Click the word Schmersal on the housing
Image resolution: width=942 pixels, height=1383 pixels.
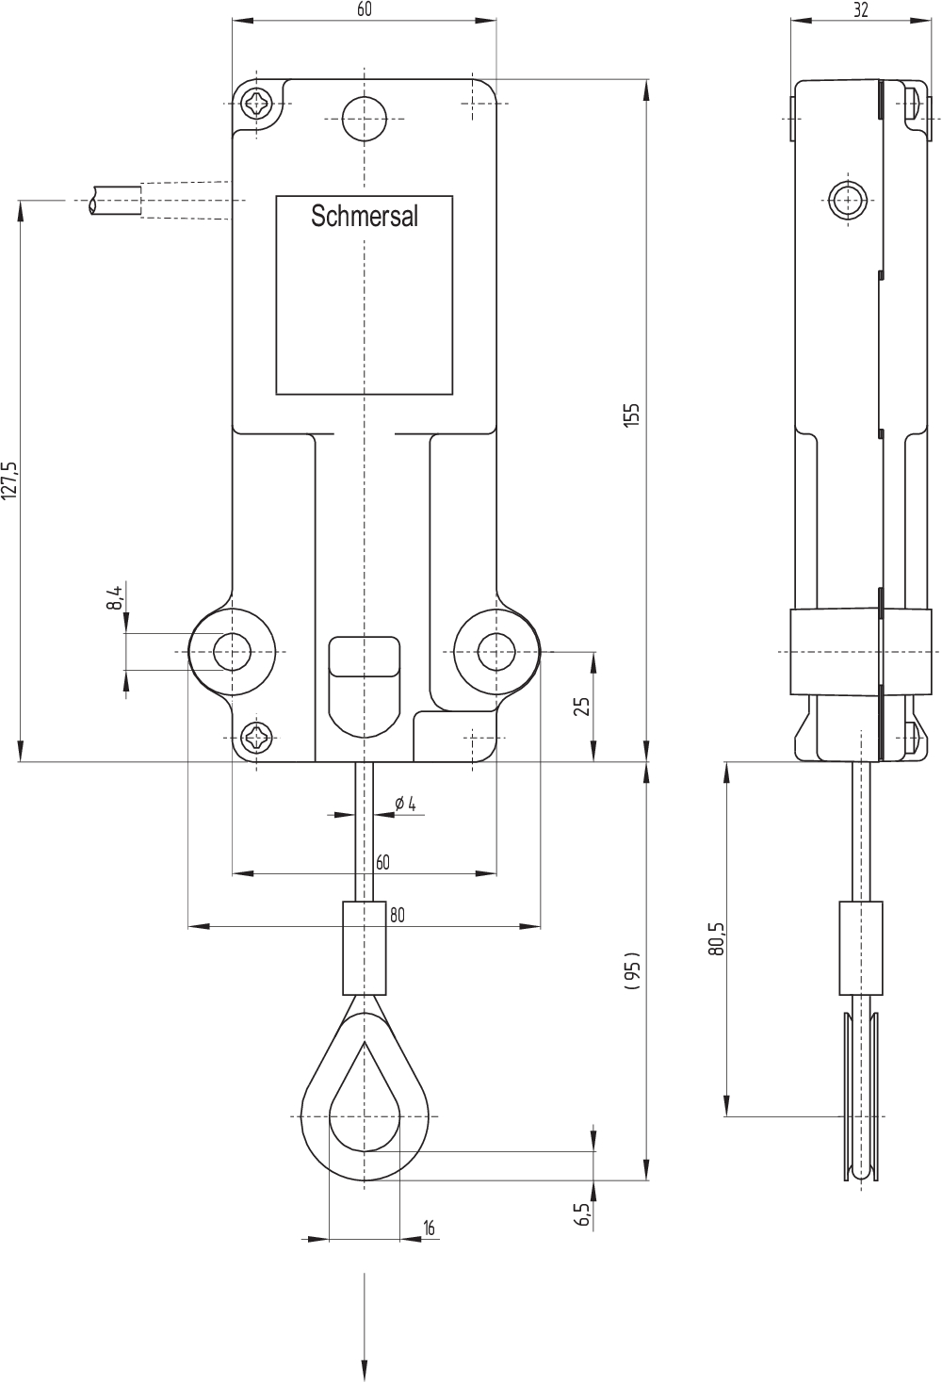coord(365,217)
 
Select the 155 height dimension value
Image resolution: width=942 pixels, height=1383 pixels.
coord(632,415)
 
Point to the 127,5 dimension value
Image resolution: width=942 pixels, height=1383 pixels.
coord(9,480)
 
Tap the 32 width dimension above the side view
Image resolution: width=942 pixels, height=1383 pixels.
coord(859,9)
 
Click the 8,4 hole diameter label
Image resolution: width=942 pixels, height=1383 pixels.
coord(115,598)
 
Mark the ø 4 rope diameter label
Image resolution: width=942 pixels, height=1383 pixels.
coord(405,804)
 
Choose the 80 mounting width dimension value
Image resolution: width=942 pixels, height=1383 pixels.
coord(397,915)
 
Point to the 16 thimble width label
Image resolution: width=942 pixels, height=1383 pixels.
coord(429,1228)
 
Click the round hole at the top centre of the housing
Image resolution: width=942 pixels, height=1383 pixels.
coord(364,119)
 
